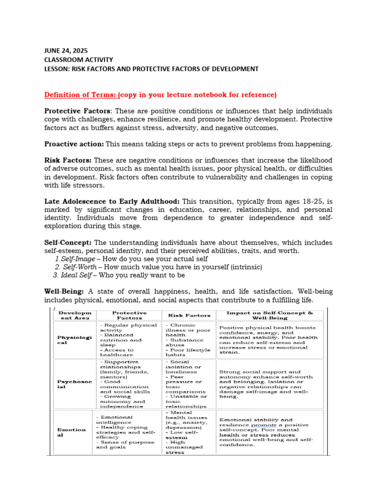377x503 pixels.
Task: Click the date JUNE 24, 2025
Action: click(66, 50)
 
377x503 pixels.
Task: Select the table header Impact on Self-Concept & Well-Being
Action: click(269, 315)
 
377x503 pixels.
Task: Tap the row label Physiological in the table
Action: click(72, 339)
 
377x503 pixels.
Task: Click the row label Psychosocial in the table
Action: click(72, 384)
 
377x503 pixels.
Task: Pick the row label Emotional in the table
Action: click(71, 432)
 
